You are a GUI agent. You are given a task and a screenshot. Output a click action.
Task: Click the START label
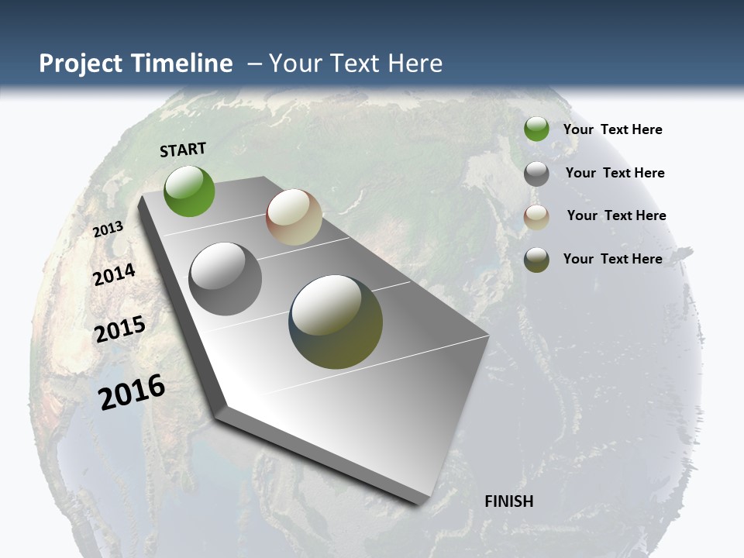click(x=183, y=150)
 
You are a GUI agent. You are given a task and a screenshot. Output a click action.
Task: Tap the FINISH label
click(x=508, y=501)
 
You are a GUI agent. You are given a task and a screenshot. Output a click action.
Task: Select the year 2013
click(x=108, y=229)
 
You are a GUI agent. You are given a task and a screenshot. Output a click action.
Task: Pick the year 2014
click(x=114, y=275)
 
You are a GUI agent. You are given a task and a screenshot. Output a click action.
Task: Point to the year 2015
click(x=120, y=329)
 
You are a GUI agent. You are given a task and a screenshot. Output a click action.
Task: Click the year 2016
click(x=132, y=392)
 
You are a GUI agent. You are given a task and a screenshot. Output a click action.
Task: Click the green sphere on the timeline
click(x=189, y=191)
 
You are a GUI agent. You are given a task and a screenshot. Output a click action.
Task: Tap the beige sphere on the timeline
click(x=294, y=217)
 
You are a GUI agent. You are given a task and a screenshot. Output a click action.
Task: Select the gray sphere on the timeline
click(x=226, y=279)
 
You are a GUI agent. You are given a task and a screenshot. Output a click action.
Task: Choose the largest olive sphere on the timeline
click(x=336, y=322)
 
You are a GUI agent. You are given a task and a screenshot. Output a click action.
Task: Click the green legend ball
click(x=536, y=129)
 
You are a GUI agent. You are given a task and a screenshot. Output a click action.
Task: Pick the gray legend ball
click(x=536, y=174)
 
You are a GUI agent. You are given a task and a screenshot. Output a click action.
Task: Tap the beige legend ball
click(x=536, y=217)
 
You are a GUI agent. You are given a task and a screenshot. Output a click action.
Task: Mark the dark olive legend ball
click(x=536, y=260)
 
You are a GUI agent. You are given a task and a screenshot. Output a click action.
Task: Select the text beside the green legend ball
click(x=612, y=129)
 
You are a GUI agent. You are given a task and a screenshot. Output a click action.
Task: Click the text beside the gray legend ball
click(x=615, y=173)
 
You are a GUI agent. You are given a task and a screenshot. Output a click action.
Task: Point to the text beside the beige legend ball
click(x=616, y=215)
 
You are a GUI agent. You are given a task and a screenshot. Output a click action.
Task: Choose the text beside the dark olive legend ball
click(x=612, y=259)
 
